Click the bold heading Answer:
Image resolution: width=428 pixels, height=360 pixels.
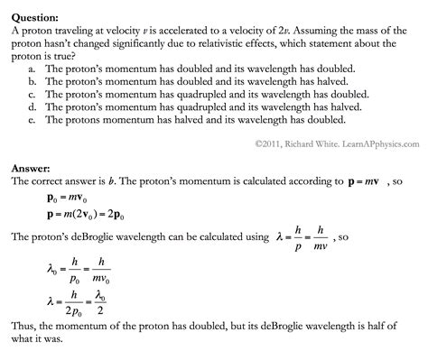(33, 168)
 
